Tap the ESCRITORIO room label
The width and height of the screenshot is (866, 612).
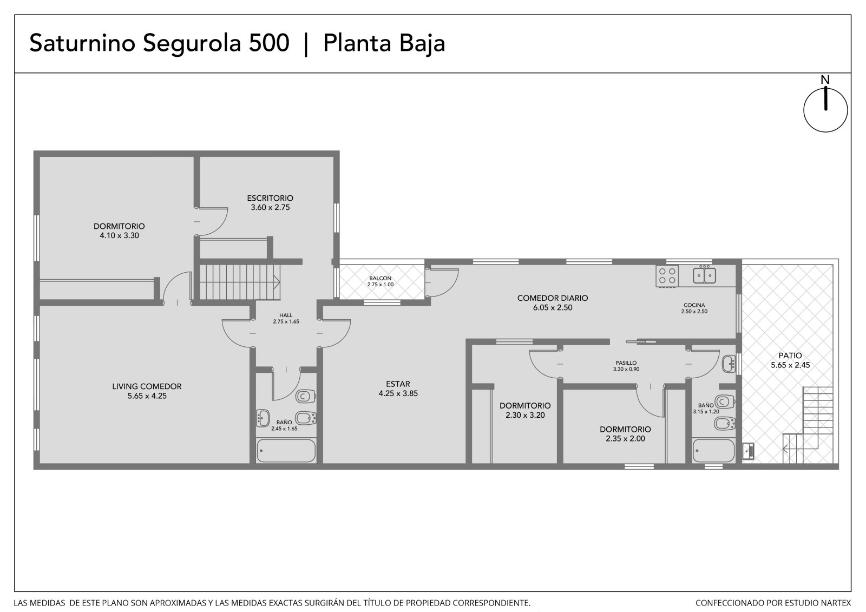(270, 198)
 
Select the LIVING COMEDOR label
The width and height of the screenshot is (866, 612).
(147, 386)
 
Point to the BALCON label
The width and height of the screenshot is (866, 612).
(380, 278)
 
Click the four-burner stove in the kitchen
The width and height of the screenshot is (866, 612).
(667, 275)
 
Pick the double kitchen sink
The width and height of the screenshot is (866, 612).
(704, 275)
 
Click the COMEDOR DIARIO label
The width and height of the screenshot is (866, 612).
(553, 298)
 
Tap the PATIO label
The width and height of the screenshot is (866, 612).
(790, 356)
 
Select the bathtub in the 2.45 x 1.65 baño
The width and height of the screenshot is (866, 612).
(286, 450)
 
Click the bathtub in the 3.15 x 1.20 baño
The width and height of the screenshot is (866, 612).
(713, 450)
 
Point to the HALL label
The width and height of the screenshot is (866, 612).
(286, 315)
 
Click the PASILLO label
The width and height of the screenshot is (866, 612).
(626, 363)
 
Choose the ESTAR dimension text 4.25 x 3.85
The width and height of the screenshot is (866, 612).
(398, 393)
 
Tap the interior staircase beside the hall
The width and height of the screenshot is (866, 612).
(240, 282)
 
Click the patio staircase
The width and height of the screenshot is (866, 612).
(808, 425)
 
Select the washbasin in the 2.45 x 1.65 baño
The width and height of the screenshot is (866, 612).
(263, 418)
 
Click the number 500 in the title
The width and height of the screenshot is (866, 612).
(268, 43)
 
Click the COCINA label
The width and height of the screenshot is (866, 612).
(694, 305)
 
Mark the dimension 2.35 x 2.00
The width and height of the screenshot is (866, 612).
(625, 439)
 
